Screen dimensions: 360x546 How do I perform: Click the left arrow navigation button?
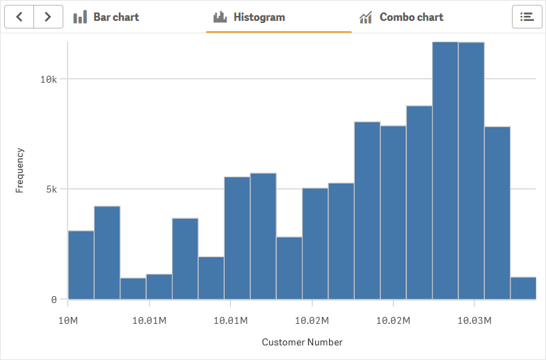19,17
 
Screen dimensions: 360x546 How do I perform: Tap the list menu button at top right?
527,17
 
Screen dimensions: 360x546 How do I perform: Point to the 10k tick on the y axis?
48,79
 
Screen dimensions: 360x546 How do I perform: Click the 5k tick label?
51,189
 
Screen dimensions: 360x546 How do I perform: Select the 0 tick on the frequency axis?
54,300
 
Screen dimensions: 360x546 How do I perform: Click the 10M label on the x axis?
67,320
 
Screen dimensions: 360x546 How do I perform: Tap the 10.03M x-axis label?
474,320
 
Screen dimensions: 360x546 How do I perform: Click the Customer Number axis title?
302,342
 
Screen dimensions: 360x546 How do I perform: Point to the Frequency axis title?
19,170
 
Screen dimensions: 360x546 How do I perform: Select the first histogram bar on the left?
81,265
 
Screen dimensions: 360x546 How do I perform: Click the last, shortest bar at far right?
523,288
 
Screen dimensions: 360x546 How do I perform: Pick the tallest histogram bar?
445,170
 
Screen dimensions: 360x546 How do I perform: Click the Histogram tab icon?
220,17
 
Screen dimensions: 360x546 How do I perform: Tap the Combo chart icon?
365,17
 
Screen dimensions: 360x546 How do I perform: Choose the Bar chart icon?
80,17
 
